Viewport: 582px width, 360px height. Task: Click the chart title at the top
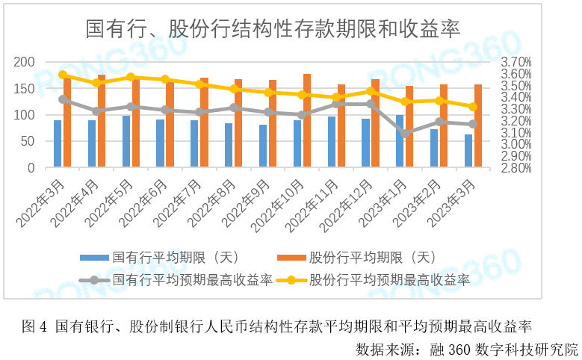272,29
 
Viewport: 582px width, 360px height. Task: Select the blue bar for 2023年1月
400,141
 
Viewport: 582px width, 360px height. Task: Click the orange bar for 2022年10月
307,121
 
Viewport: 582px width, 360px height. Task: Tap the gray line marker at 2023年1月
405,134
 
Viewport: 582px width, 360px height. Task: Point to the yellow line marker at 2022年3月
63,75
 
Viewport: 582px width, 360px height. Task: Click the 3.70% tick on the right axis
516,62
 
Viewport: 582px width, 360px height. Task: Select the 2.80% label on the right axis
516,168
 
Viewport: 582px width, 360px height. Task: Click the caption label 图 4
34,326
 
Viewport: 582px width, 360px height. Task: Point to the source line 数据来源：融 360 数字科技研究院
467,348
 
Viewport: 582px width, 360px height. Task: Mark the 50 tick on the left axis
28,141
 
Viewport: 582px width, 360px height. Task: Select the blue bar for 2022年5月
126,142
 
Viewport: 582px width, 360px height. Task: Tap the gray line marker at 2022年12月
371,104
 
